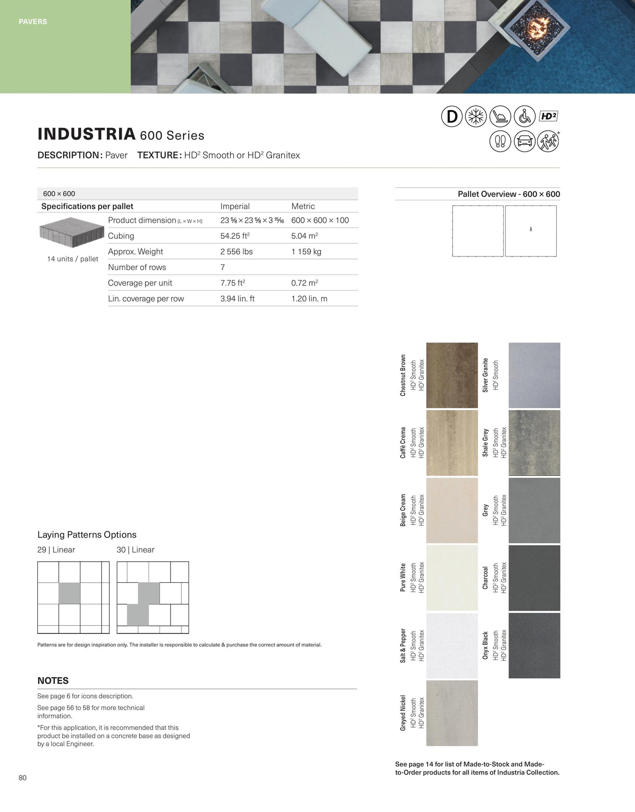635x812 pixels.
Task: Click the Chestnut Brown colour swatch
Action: pyautogui.click(x=452, y=375)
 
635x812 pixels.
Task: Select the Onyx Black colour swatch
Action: pyautogui.click(x=534, y=645)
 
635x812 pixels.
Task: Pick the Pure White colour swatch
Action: pyautogui.click(x=452, y=577)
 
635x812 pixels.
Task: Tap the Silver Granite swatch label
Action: pyautogui.click(x=486, y=375)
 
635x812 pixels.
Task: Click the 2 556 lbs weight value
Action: pyautogui.click(x=236, y=252)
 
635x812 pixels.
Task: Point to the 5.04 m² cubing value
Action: pyautogui.click(x=304, y=236)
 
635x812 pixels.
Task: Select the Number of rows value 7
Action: pyautogui.click(x=223, y=267)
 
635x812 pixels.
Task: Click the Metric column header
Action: pyautogui.click(x=303, y=206)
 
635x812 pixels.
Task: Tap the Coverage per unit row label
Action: pyautogui.click(x=140, y=283)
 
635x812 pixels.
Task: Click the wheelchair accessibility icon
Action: pyautogui.click(x=524, y=117)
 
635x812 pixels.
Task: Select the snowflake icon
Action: pyautogui.click(x=476, y=117)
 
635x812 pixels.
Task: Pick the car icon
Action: pyautogui.click(x=524, y=141)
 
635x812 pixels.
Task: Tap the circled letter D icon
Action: pyautogui.click(x=452, y=117)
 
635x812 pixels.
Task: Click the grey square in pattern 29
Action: pyautogui.click(x=69, y=593)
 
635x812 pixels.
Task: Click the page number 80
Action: pyautogui.click(x=23, y=778)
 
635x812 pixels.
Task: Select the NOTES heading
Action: pyautogui.click(x=53, y=681)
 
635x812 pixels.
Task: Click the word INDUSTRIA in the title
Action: pyautogui.click(x=86, y=134)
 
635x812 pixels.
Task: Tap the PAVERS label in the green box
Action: pyautogui.click(x=33, y=22)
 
